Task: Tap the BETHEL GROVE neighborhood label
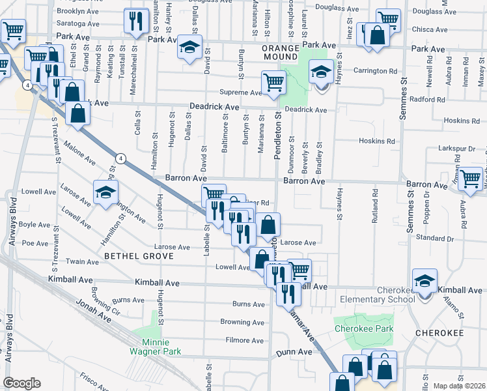[139, 257]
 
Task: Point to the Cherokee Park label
[364, 329]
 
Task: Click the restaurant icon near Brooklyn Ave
[136, 22]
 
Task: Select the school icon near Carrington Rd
[321, 72]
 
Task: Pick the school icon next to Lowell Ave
[105, 192]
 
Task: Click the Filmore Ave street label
[244, 340]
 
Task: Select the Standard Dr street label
[429, 238]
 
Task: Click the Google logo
[22, 383]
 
